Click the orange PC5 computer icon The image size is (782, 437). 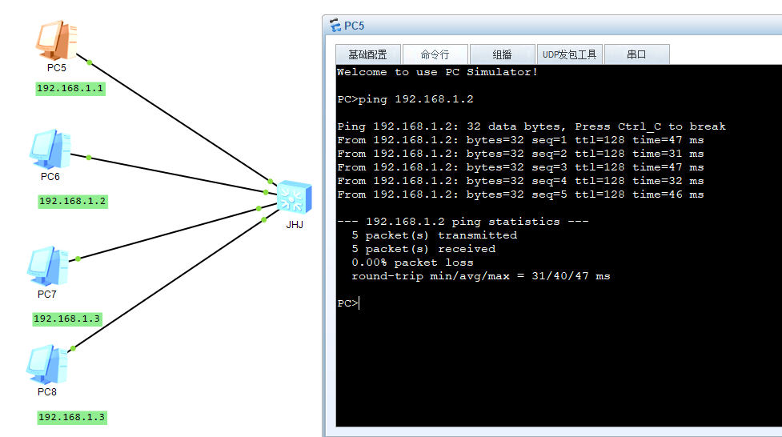[56, 40]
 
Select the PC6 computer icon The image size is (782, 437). [50, 149]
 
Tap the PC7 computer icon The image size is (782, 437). [48, 266]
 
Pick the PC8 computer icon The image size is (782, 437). [47, 365]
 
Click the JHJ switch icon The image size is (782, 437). [295, 198]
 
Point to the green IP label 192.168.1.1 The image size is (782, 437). [70, 89]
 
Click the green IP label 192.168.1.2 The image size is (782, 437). [73, 202]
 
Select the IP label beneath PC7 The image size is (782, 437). [67, 319]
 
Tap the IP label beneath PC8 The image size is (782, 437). [72, 418]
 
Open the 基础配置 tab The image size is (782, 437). [368, 54]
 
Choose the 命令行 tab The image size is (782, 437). [435, 54]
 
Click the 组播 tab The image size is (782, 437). [502, 54]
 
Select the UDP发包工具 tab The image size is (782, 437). [570, 54]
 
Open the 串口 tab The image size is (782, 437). [636, 54]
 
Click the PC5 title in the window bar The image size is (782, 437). [354, 26]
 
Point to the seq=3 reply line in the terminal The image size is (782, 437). [520, 167]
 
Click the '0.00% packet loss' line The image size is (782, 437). [412, 263]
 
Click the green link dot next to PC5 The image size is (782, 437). [90, 62]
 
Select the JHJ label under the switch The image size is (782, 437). [295, 224]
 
